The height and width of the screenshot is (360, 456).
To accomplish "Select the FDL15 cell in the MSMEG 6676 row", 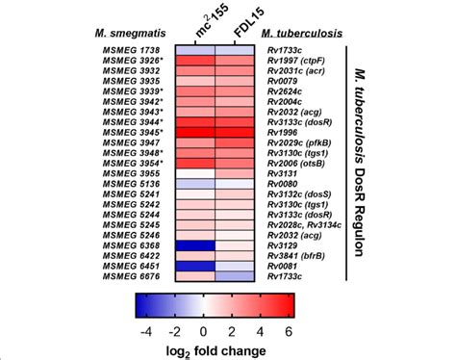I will coord(235,284).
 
